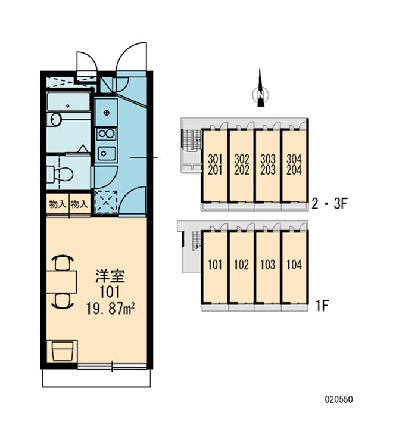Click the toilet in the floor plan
(60, 174)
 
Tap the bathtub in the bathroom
(68, 102)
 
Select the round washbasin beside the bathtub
(56, 120)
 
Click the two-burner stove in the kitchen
(107, 134)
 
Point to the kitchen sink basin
(107, 153)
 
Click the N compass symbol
(260, 95)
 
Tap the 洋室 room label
(110, 276)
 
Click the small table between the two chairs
(61, 282)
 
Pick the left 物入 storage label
(57, 204)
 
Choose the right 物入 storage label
(79, 204)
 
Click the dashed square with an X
(106, 201)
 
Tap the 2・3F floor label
(329, 204)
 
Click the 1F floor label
(322, 306)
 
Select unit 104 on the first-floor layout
(294, 265)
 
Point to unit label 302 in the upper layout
(242, 159)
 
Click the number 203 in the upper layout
(268, 170)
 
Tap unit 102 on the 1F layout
(242, 265)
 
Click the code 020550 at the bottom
(339, 399)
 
